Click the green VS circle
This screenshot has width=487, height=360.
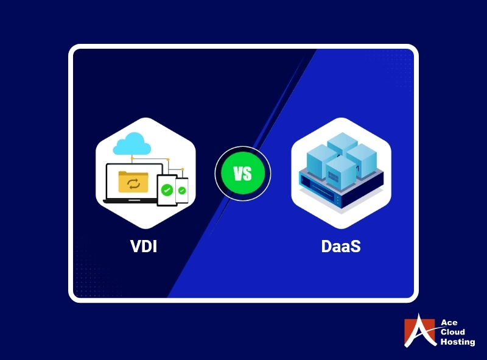242,174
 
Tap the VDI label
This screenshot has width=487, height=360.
145,247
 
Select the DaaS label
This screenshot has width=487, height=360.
340,247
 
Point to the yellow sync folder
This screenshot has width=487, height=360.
132,182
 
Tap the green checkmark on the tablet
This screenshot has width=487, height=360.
167,190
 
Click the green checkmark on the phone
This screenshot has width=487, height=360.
182,191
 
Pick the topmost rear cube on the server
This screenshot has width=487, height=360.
341,144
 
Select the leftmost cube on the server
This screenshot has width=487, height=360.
320,158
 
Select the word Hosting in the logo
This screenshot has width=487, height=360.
457,342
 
